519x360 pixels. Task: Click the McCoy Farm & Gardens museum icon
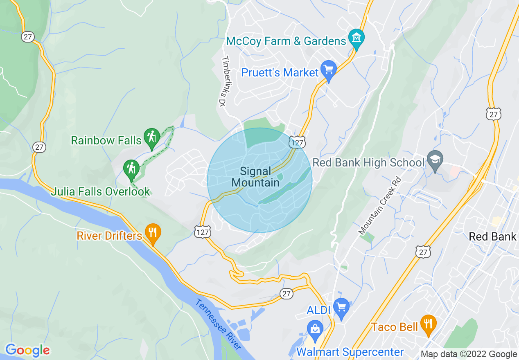(356, 38)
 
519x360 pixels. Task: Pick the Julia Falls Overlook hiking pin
(131, 169)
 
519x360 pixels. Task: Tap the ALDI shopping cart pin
(341, 307)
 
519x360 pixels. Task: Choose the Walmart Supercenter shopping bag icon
(315, 329)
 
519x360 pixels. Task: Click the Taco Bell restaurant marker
(428, 324)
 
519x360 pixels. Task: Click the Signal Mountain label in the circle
(255, 177)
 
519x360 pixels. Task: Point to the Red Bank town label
(492, 236)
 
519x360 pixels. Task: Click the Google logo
(27, 350)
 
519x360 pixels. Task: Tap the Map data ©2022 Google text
(469, 354)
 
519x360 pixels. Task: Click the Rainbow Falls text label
(106, 141)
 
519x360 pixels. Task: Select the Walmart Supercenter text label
(350, 352)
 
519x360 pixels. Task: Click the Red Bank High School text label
(368, 163)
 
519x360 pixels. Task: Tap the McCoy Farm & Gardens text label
(286, 41)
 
